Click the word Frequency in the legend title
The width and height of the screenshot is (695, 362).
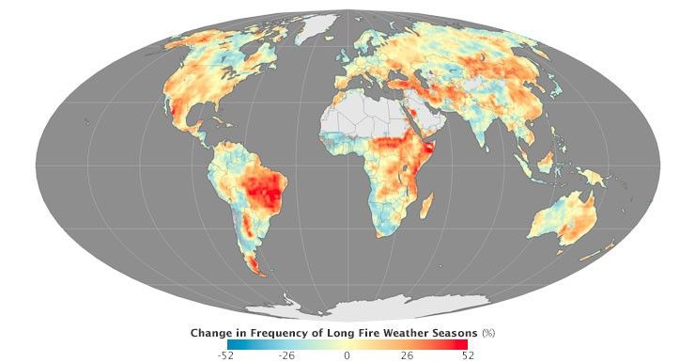click(286, 333)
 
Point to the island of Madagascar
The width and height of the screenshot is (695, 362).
click(427, 204)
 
